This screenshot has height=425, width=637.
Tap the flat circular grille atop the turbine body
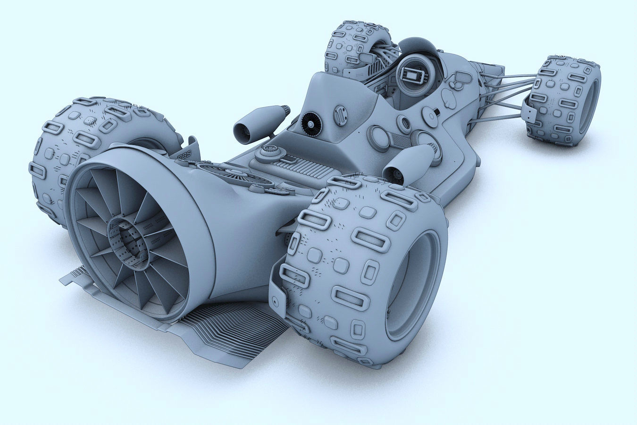[236, 175]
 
